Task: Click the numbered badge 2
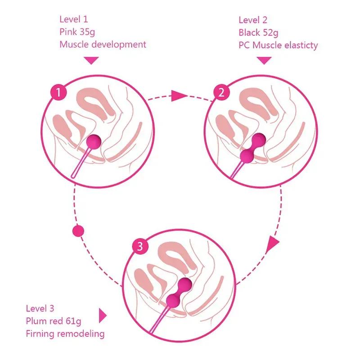tap(221, 93)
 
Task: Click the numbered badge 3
tap(140, 246)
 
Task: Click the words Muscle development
tap(103, 45)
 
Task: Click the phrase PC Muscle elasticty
tap(278, 45)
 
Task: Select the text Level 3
tap(40, 308)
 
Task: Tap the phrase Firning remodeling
tap(65, 333)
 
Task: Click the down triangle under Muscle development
tap(91, 60)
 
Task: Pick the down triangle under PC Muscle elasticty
tap(264, 60)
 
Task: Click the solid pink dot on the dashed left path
tap(78, 231)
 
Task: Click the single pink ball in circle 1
tap(94, 142)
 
